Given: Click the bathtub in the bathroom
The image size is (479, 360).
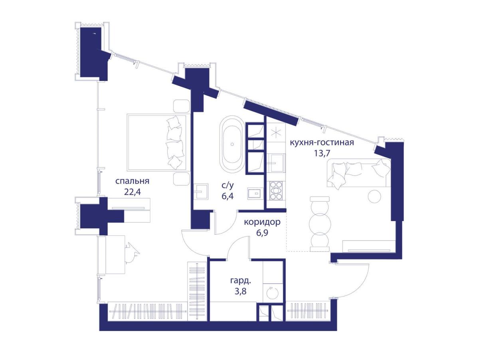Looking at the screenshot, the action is click(232, 144).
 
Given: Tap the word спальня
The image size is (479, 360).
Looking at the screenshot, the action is click(132, 181).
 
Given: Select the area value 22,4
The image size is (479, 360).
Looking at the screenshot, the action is click(133, 192).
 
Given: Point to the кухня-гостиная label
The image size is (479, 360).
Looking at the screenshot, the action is click(322, 142).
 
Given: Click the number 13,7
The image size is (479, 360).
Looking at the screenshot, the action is click(322, 153).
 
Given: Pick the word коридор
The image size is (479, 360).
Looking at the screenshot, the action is click(262, 223).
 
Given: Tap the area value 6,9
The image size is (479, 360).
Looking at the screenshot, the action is click(262, 233).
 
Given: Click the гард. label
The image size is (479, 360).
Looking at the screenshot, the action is click(240, 281).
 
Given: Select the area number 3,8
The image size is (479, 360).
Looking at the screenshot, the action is click(240, 291).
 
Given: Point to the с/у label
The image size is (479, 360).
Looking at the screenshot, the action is click(228, 186).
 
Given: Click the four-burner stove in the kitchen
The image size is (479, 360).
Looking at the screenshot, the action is click(276, 191).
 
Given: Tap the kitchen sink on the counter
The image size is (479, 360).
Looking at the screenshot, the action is click(276, 163).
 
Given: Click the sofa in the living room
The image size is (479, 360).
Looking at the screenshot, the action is click(358, 173).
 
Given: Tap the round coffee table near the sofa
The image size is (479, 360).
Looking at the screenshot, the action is click(374, 196).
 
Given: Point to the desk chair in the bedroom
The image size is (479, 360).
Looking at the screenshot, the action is click(133, 253).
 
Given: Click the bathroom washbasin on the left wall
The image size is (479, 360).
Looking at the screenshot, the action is click(200, 191).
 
